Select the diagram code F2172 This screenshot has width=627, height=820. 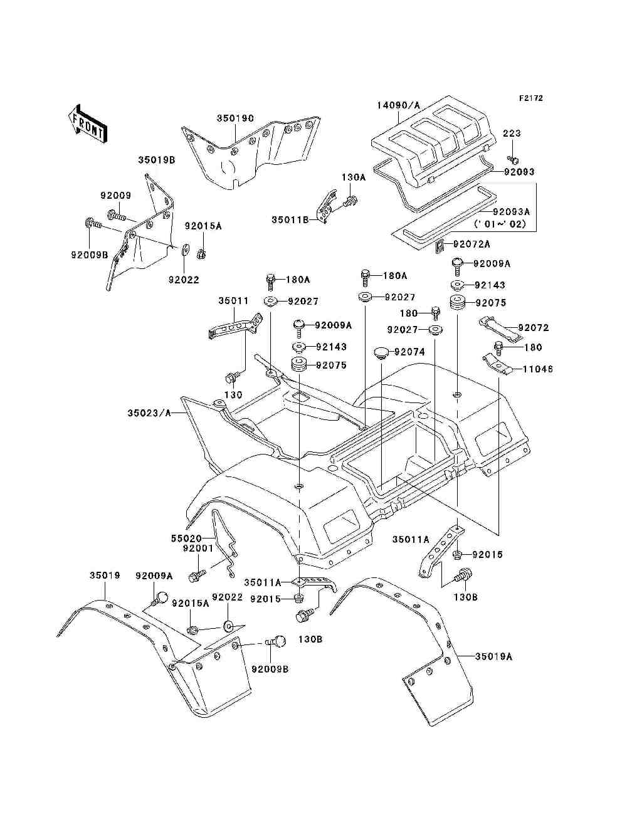coord(530,98)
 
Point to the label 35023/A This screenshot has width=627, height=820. coord(148,413)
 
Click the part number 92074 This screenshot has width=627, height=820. coord(409,352)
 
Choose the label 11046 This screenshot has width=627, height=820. coord(539,370)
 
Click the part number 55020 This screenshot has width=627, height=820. coord(186,538)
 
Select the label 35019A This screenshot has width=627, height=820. coord(493,656)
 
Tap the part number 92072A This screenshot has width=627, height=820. coord(472,244)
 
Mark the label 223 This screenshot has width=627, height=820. coord(512,134)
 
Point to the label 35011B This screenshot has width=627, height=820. coord(290,220)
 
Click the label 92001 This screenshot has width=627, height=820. coord(198,548)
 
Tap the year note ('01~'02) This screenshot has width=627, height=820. coord(500,224)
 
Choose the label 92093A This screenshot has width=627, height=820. coord(511,213)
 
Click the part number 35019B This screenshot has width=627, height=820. coord(156,160)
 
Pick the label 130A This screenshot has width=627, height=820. coord(353,177)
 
